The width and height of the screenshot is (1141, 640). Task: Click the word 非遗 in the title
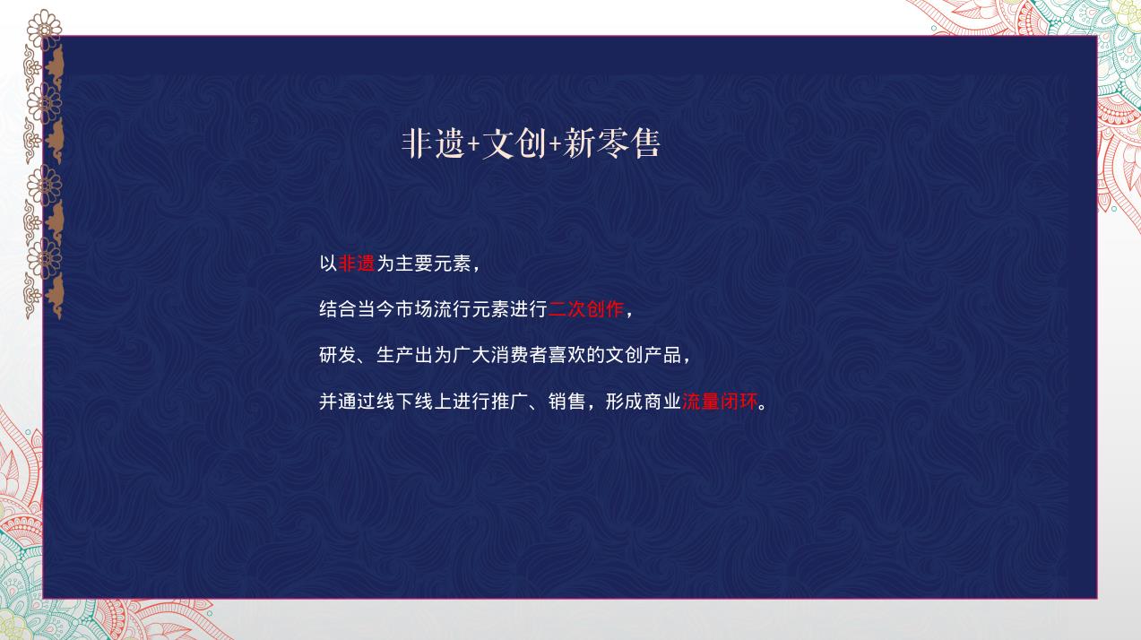point(433,143)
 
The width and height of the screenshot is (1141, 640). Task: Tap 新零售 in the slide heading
point(612,143)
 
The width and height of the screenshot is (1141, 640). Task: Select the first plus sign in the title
point(473,145)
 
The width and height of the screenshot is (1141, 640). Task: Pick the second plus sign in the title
point(555,145)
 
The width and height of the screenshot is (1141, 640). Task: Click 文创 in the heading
point(514,143)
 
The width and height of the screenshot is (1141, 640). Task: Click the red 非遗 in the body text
point(357,264)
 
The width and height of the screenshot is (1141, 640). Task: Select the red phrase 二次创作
point(586,309)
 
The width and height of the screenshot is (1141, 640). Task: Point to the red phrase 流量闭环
point(720,402)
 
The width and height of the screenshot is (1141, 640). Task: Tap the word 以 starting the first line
point(328,264)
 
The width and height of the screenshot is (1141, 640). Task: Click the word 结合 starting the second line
point(338,309)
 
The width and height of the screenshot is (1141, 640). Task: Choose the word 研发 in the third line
point(338,355)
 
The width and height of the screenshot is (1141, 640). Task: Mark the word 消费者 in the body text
point(519,355)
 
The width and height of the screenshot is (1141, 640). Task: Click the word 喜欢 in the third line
point(567,355)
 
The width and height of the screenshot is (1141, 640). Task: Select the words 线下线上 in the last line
point(414,402)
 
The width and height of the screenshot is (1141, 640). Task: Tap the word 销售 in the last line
point(567,402)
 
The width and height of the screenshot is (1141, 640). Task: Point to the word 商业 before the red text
point(662,402)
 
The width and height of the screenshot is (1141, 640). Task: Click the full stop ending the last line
point(763,407)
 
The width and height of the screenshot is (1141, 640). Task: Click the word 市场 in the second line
point(414,309)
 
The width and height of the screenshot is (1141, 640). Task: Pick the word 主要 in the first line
point(414,264)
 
